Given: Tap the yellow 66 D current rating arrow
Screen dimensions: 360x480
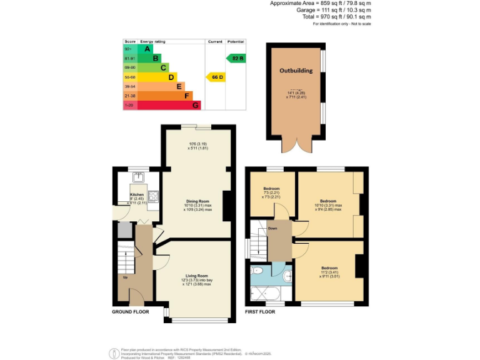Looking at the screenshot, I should click(x=215, y=77).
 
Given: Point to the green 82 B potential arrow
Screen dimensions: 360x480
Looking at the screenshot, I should click(x=236, y=58).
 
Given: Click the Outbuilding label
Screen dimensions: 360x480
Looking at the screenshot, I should click(x=296, y=71).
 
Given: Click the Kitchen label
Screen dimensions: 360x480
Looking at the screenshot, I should click(x=137, y=194).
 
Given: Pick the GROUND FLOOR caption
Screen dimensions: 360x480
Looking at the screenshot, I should click(x=131, y=312).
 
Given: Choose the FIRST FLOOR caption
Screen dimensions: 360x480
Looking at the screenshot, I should click(x=261, y=312).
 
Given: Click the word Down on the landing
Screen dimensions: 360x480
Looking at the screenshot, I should click(x=272, y=229).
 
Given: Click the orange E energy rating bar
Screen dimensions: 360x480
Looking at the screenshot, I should click(x=161, y=86).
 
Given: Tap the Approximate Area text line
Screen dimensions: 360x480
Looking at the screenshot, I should click(x=320, y=4).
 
